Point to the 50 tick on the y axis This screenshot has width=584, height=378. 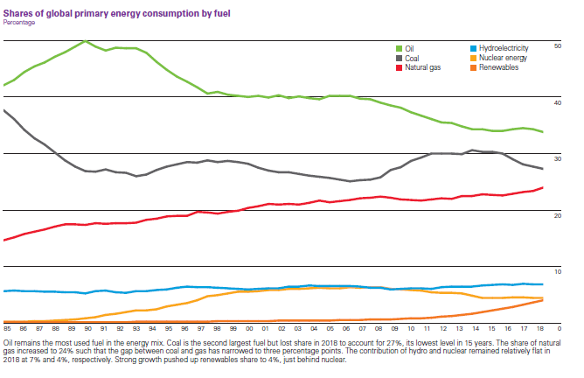tap(559, 44)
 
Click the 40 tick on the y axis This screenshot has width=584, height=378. tap(559, 102)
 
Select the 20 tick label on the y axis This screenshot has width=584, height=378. tap(559, 215)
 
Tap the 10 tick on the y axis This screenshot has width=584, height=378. tap(559, 272)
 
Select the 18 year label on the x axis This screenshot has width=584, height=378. tap(540, 327)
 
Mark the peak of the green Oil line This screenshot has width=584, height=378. tap(85, 41)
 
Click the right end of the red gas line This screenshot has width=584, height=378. tap(543, 187)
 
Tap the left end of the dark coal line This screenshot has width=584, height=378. tap(4, 110)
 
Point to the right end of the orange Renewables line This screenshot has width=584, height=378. tap(543, 300)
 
